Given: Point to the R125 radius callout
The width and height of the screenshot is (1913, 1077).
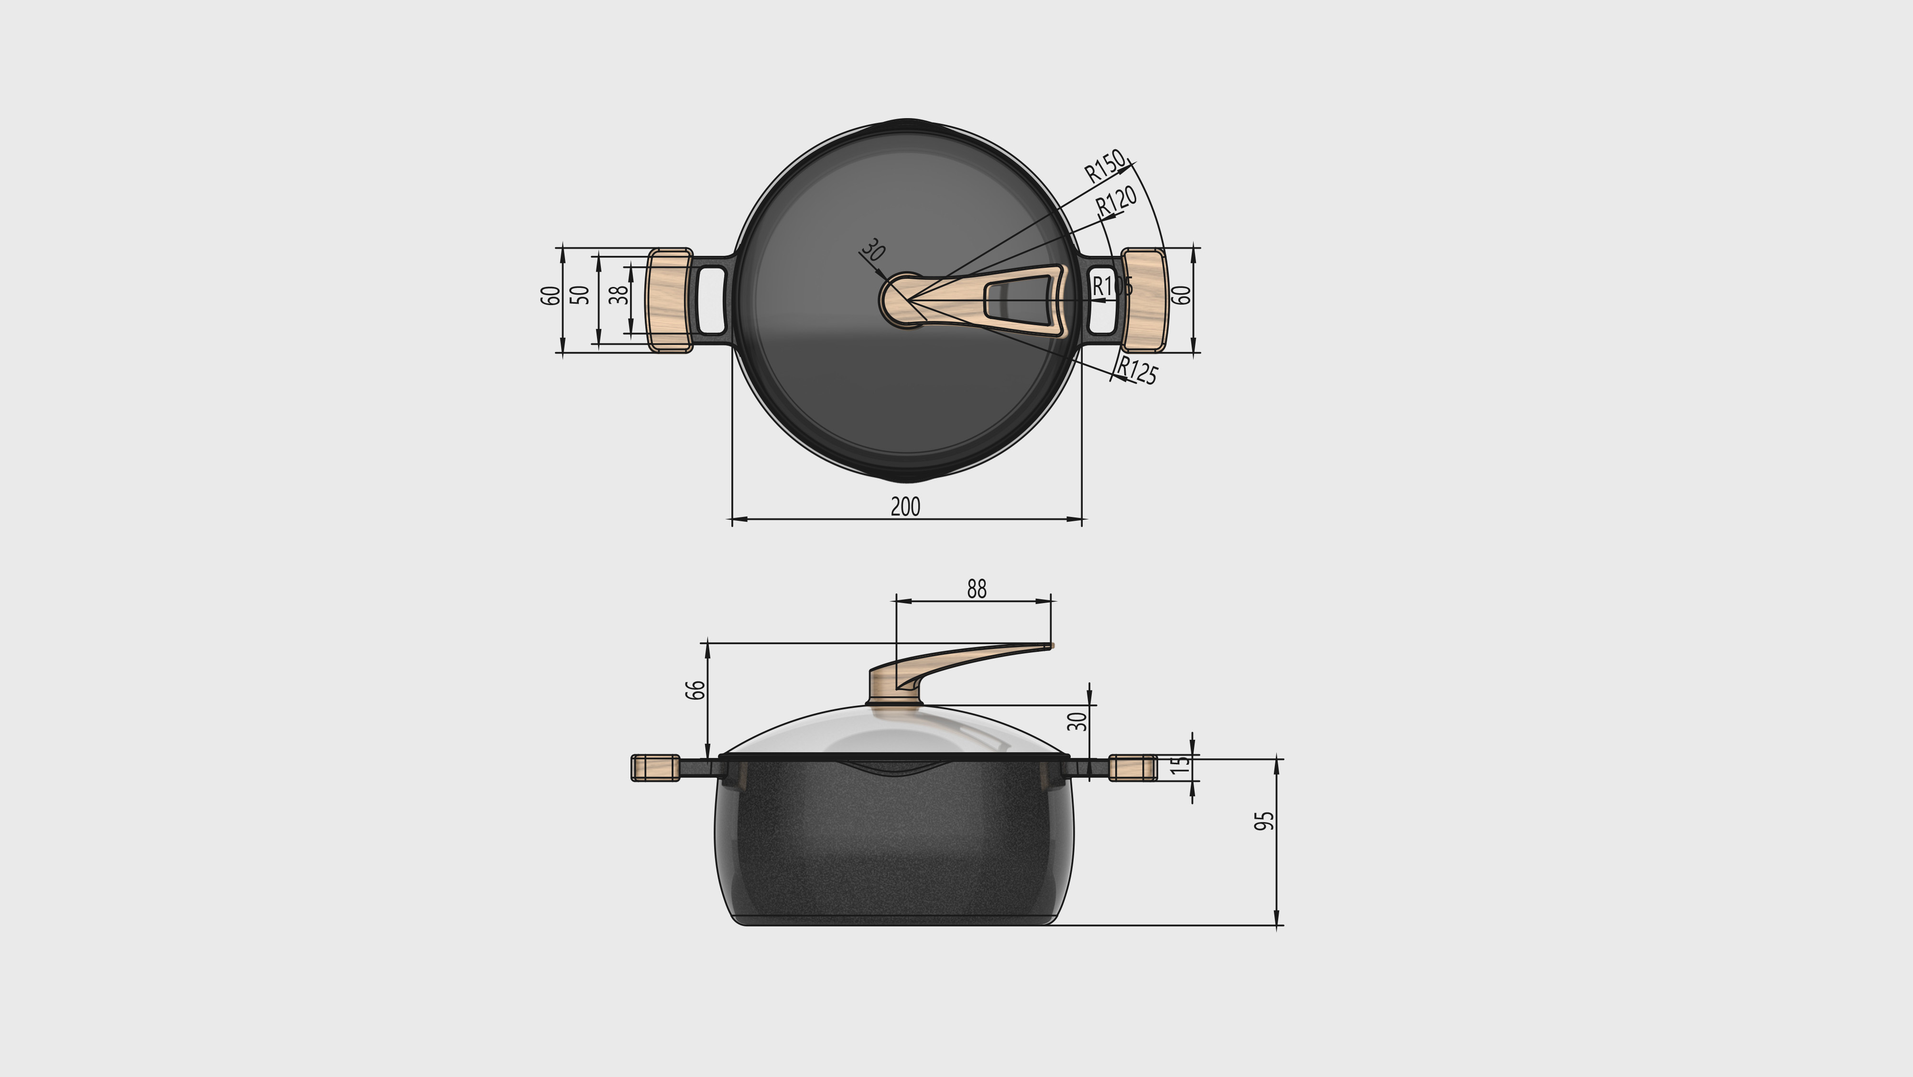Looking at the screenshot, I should (x=1137, y=370).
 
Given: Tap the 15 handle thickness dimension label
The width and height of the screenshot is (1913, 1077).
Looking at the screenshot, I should (x=1179, y=765).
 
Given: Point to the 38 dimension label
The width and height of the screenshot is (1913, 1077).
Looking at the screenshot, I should (x=618, y=295).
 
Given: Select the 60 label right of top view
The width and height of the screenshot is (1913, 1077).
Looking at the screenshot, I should (x=1181, y=295).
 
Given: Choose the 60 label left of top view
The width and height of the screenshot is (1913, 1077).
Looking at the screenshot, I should (x=550, y=295).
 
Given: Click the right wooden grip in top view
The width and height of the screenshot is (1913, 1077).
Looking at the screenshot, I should (x=1143, y=300).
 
